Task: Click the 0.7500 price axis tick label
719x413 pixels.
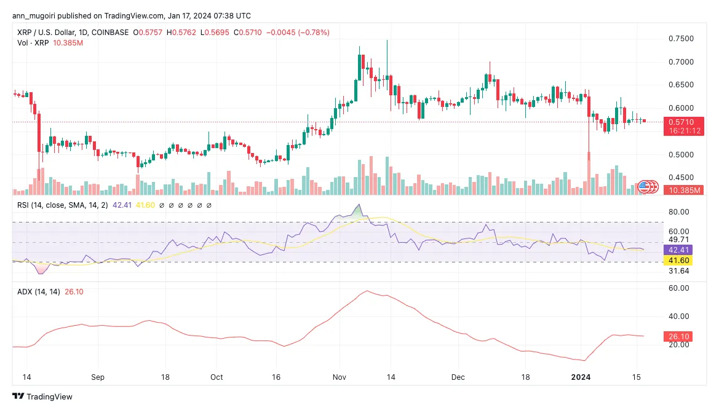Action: pos(681,39)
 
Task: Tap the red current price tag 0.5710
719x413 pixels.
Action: pos(683,122)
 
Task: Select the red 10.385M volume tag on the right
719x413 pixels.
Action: pos(683,191)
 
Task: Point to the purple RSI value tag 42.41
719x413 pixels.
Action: pos(683,250)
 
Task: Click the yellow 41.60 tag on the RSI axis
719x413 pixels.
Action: pos(683,261)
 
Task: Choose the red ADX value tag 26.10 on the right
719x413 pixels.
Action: pos(683,336)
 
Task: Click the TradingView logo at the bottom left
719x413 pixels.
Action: pos(42,397)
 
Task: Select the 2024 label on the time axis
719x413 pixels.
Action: pos(580,376)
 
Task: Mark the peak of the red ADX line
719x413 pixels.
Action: pos(367,291)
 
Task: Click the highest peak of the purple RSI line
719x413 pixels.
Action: pos(359,205)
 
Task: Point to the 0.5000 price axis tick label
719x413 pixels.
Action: pos(681,155)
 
